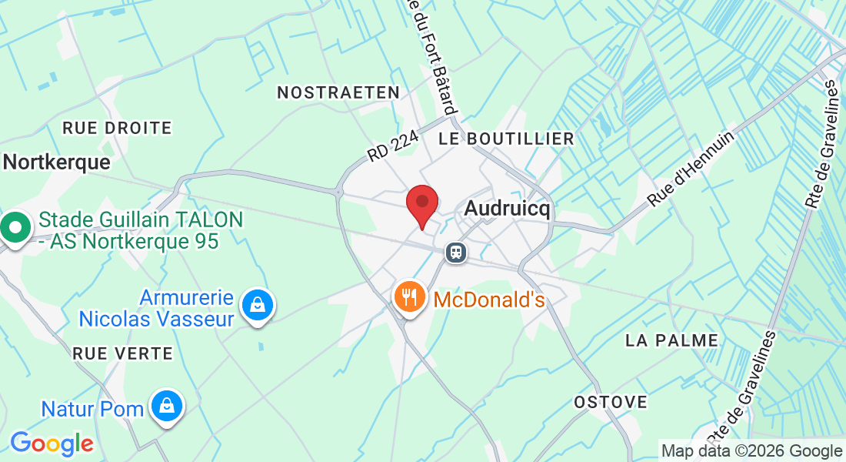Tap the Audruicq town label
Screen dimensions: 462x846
[508, 209]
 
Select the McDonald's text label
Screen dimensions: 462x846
[489, 300]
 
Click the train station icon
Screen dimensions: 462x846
[456, 252]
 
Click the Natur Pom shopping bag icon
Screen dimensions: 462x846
[165, 406]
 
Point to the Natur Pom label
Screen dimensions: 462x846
[92, 408]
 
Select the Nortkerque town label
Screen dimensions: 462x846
[57, 162]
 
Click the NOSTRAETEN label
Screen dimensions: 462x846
[338, 92]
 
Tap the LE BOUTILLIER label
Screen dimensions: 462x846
[506, 139]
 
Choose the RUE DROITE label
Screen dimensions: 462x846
[117, 127]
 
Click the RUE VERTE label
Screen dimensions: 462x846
[122, 353]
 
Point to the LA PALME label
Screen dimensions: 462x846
[671, 340]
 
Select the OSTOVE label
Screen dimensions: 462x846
[611, 402]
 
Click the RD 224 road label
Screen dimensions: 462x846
[392, 145]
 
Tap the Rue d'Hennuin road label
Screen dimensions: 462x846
[691, 168]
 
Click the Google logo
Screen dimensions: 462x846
[52, 444]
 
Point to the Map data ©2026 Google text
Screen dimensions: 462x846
[752, 451]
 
